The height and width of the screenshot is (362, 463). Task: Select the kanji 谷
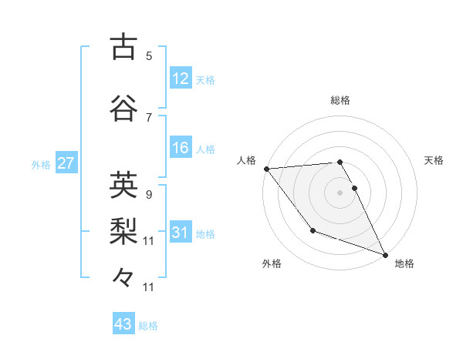tap(123, 109)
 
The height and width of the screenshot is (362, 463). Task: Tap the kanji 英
tap(123, 185)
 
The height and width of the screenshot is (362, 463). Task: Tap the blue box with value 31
tap(181, 232)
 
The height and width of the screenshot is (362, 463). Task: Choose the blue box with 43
tap(123, 324)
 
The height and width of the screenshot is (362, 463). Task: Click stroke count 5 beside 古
tap(149, 55)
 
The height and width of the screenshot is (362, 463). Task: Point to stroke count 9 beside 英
tap(149, 194)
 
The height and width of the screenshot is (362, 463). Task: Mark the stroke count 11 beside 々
tap(149, 287)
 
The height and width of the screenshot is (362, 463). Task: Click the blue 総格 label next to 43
tap(148, 326)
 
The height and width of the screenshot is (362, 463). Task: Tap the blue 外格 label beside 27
tap(41, 164)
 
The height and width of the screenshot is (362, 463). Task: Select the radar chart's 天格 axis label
tap(434, 160)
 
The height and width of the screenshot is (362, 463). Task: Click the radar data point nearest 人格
tap(266, 169)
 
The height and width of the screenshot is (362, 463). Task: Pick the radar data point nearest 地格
tap(385, 254)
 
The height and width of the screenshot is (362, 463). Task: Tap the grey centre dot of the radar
tap(340, 193)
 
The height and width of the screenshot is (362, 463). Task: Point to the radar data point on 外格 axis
tap(313, 230)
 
